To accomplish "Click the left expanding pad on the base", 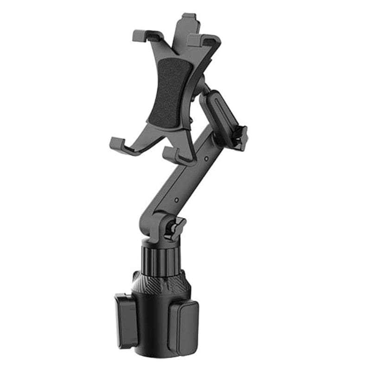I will coord(126,320).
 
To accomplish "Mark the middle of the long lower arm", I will coord(185,181).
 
